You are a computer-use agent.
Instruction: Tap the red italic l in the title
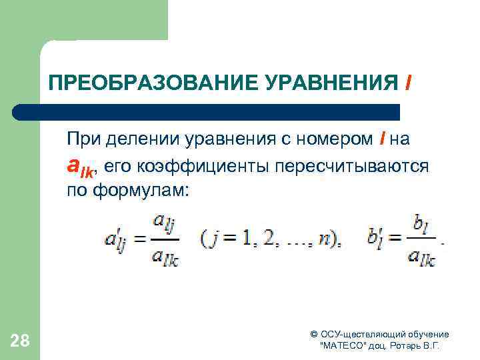pos(407,83)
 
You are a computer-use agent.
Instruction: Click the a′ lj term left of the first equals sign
pos(117,238)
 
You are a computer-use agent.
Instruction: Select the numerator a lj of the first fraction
pos(165,222)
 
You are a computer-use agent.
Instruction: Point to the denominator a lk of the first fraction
pos(165,256)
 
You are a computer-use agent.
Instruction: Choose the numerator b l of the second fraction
pos(420,223)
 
